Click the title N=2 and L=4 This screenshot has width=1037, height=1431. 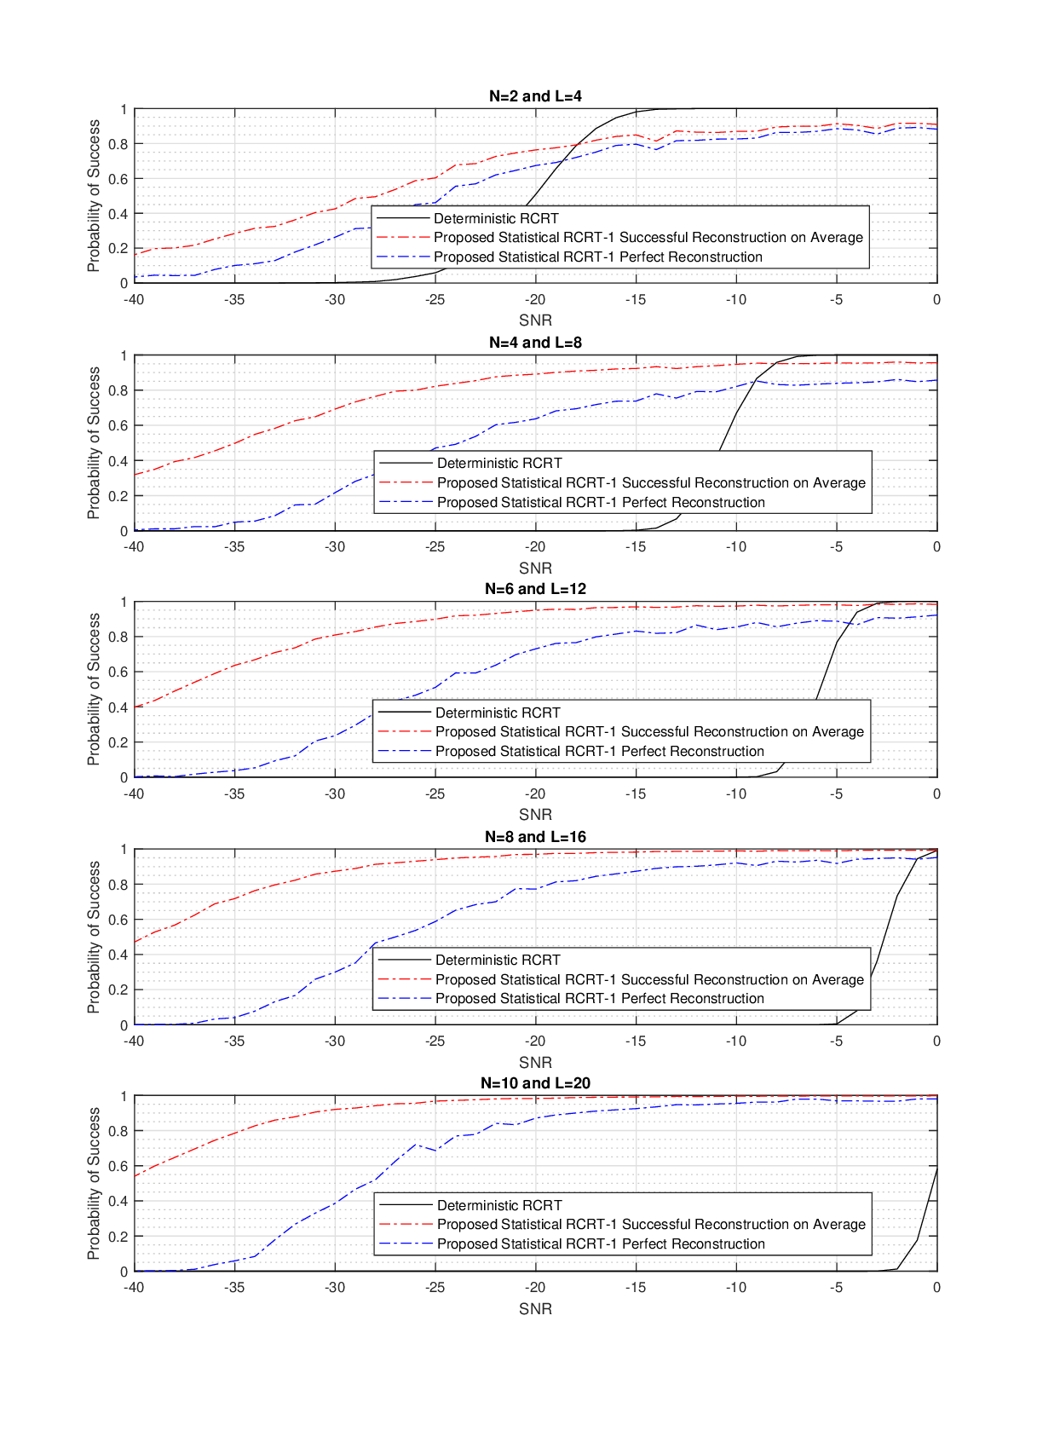pyautogui.click(x=535, y=96)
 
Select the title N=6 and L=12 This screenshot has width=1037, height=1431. pyautogui.click(x=535, y=589)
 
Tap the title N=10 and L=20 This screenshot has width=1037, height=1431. pyautogui.click(x=535, y=1083)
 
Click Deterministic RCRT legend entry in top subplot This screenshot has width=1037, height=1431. pyautogui.click(x=496, y=218)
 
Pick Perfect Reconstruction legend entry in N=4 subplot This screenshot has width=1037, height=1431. pyautogui.click(x=601, y=503)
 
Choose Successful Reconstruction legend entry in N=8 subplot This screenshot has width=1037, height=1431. pyautogui.click(x=649, y=979)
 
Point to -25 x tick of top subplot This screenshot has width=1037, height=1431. pyautogui.click(x=435, y=300)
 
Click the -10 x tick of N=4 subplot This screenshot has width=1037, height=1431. pyautogui.click(x=736, y=547)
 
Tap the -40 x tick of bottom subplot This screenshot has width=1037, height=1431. pyautogui.click(x=135, y=1288)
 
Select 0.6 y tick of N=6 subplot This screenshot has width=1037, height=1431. pyautogui.click(x=118, y=672)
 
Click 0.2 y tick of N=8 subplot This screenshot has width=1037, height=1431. pyautogui.click(x=118, y=990)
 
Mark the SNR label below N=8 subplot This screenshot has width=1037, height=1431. pyautogui.click(x=535, y=1063)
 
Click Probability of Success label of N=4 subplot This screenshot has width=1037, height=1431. pyautogui.click(x=94, y=443)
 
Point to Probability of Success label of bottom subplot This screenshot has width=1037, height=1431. pyautogui.click(x=94, y=1184)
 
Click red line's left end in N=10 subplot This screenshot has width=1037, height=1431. pyautogui.click(x=135, y=1176)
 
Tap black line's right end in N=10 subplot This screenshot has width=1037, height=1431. pyautogui.click(x=936, y=1169)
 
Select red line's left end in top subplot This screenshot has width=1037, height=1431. pyautogui.click(x=135, y=255)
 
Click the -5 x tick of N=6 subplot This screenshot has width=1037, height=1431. pyautogui.click(x=837, y=794)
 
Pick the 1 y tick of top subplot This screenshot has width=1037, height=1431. pyautogui.click(x=124, y=110)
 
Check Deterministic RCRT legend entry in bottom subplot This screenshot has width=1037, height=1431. pyautogui.click(x=499, y=1205)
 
